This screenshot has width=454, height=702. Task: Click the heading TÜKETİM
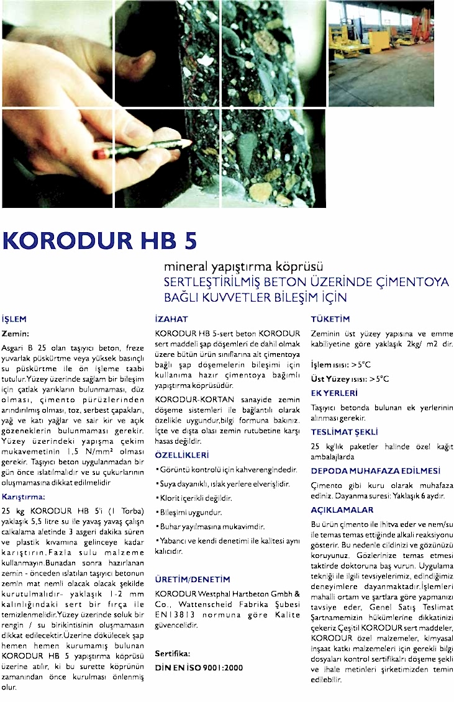click(330, 319)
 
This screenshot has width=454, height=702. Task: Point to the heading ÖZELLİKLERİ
click(182, 455)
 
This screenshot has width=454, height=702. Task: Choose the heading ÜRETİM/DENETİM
click(192, 579)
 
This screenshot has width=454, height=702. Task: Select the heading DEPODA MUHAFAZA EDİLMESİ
click(375, 470)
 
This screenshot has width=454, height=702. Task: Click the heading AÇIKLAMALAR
click(342, 510)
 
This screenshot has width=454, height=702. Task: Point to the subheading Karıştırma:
click(24, 497)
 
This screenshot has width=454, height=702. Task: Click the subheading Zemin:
click(16, 333)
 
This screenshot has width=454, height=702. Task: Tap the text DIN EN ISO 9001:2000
click(199, 667)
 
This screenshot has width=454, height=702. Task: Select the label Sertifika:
click(172, 654)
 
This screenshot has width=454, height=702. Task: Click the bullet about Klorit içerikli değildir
click(193, 498)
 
